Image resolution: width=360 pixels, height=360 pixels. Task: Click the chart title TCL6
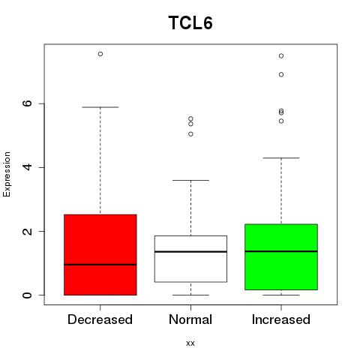coord(190,22)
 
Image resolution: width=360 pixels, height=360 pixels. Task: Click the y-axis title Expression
coord(7,174)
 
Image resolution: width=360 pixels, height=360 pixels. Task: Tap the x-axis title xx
coord(190,343)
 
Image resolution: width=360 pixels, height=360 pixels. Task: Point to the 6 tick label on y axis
coord(28,103)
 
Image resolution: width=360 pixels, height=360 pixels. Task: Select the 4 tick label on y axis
coord(28,167)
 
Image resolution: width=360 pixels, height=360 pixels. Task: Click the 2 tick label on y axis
coord(28,231)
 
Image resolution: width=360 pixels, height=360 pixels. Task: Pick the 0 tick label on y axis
coord(28,295)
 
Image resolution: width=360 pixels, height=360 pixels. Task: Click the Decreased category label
coord(100,319)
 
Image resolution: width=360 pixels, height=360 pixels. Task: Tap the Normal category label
coord(190,319)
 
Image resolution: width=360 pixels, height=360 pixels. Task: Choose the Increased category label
coord(281,319)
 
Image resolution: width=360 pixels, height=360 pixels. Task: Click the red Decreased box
coord(100,255)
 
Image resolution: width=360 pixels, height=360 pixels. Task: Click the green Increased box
coord(281,257)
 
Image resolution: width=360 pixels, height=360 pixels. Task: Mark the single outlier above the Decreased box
coord(100,54)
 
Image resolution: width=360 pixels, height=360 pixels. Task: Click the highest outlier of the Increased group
coord(281,55)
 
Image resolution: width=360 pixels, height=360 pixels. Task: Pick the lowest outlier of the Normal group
coord(190,134)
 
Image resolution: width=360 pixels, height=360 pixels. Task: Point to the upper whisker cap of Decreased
coord(100,107)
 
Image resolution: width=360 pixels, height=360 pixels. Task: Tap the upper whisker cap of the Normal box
coord(190,180)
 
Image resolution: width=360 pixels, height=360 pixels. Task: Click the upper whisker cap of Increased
coord(281,157)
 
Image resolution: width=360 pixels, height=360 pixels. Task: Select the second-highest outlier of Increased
coord(281,74)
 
